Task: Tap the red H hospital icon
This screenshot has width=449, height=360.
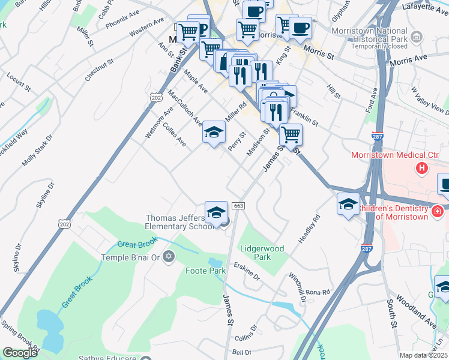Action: (422, 168)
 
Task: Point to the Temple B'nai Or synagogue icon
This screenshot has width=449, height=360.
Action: (169, 257)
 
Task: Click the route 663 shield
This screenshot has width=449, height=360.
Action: (238, 206)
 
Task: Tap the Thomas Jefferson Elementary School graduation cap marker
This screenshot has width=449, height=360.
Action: (216, 212)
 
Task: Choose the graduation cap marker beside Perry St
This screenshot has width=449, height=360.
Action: (214, 133)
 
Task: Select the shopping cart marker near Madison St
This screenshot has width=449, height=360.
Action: (291, 134)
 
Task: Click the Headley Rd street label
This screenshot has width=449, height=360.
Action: (309, 229)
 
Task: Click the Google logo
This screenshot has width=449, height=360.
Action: (20, 353)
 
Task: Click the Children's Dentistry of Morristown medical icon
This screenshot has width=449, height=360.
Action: (437, 211)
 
